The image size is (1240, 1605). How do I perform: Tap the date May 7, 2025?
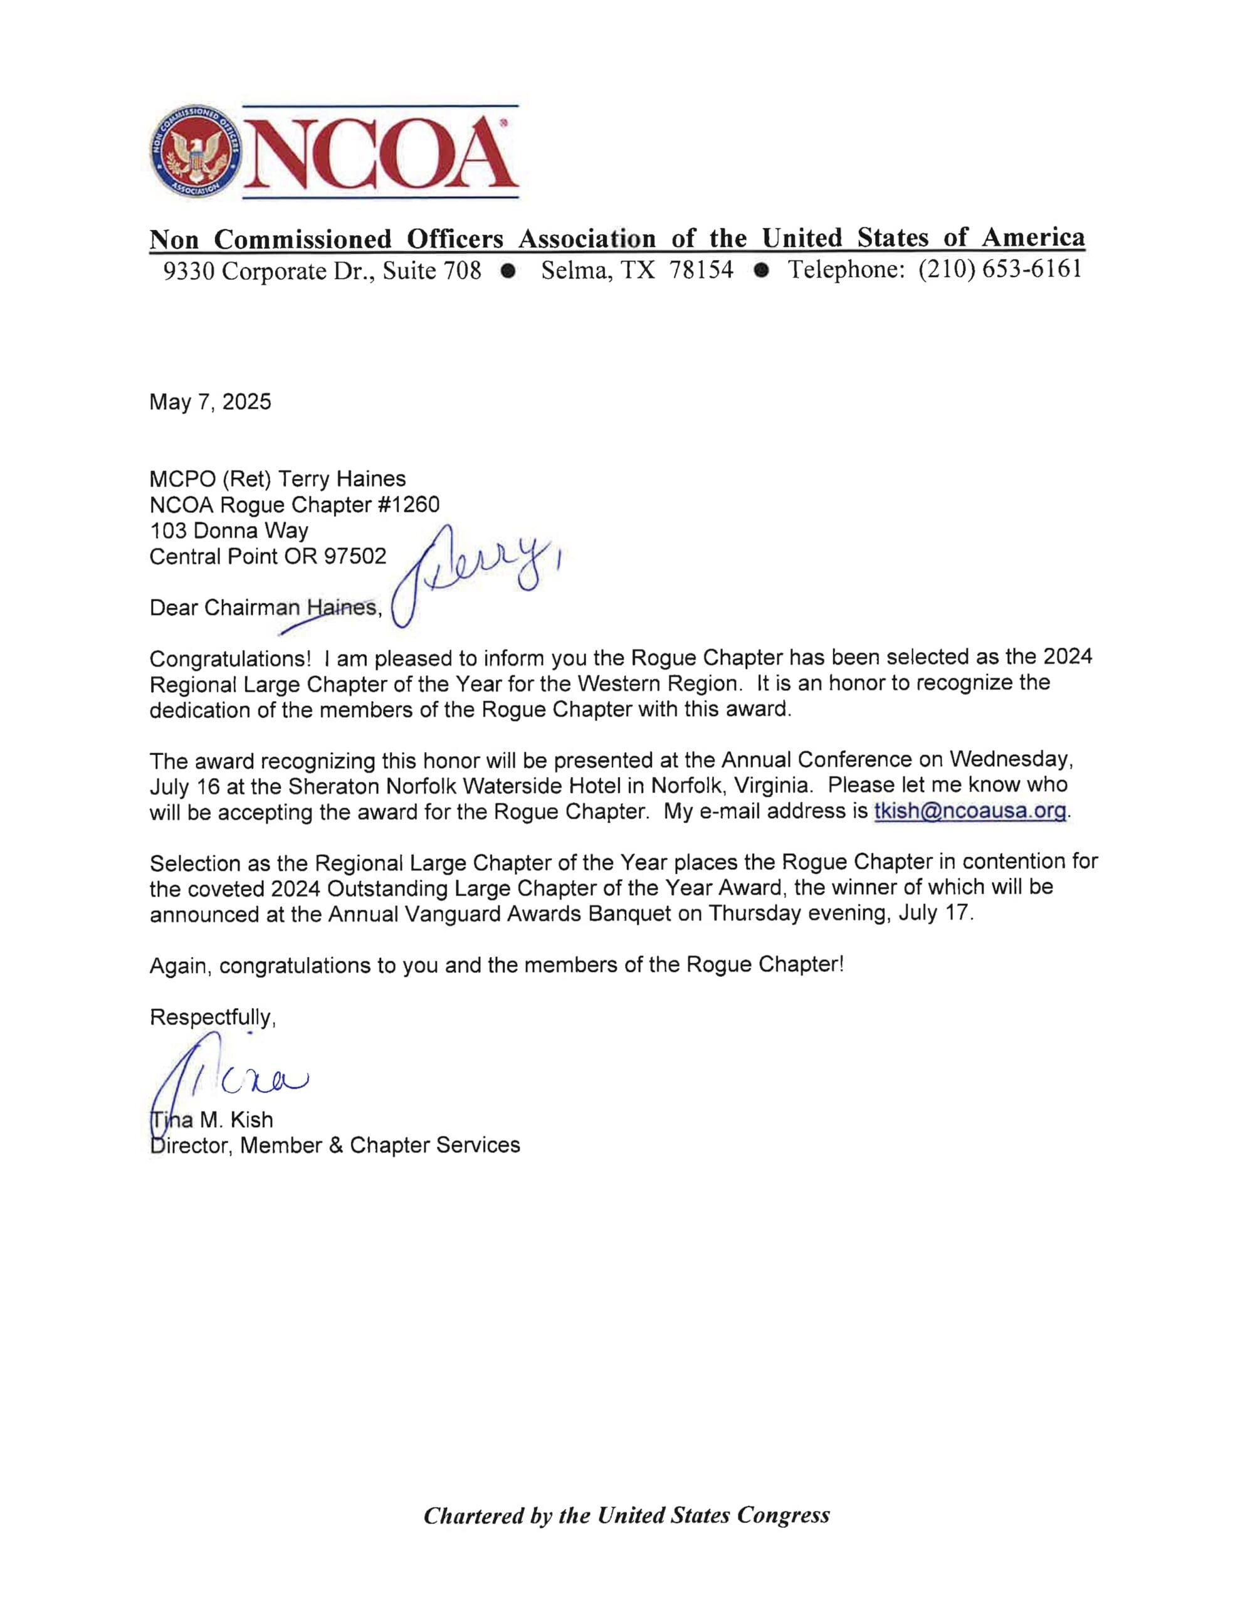(210, 402)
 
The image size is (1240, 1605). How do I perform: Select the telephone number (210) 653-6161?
(1000, 270)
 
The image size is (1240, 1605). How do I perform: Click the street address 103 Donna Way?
(229, 530)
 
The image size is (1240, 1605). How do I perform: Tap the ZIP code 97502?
(355, 556)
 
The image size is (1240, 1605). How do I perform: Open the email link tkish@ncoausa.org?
(970, 811)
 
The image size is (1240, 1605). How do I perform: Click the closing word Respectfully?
(212, 1017)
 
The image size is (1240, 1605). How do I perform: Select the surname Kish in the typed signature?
(251, 1120)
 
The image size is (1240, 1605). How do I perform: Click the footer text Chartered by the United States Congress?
(626, 1515)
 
